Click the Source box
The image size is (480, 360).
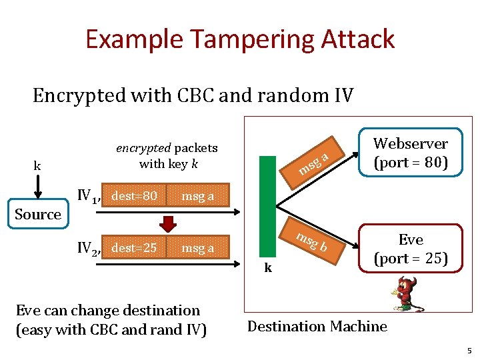[38, 214]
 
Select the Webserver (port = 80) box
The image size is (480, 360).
[411, 152]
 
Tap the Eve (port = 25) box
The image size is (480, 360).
[411, 248]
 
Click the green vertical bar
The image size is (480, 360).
[267, 207]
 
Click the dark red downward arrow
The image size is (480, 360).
[168, 224]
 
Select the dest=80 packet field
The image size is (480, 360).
[134, 195]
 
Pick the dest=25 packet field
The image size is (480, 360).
[134, 247]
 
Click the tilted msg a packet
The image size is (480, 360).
[312, 163]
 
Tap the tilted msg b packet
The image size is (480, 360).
[312, 241]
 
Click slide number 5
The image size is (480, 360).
[469, 351]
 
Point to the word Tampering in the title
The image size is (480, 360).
[253, 39]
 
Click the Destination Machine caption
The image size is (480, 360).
[317, 326]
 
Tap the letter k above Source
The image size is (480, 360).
[37, 165]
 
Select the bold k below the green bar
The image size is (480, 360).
[268, 267]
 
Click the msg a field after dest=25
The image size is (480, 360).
[198, 247]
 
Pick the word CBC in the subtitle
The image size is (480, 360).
[195, 95]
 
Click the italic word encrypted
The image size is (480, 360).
[143, 149]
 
